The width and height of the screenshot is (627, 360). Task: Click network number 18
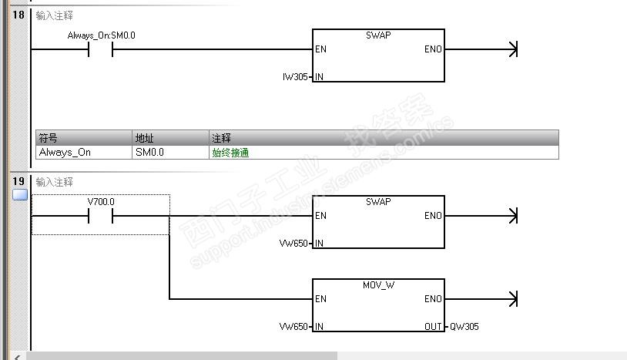pos(18,15)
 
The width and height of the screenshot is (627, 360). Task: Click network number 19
pos(18,181)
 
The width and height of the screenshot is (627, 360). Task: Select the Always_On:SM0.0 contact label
pos(102,35)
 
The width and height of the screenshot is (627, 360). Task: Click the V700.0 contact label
pos(102,201)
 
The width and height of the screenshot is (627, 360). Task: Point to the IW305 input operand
pos(296,77)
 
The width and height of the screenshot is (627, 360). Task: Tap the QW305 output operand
pos(464,327)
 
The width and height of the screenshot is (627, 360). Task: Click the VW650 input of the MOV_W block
pos(293,327)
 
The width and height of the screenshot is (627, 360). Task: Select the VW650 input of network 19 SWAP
pos(293,244)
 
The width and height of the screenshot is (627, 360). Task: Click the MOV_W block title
pos(378,285)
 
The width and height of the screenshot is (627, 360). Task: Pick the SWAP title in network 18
pos(378,35)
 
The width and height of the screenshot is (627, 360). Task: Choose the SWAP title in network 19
pos(378,202)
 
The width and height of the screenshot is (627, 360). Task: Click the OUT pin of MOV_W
pos(433,327)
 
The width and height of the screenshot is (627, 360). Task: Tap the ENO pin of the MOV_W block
pos(433,299)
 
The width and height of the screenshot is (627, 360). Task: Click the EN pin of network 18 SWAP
pos(321,49)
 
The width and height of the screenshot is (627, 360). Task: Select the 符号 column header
pos(48,138)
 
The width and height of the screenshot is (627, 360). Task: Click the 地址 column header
pos(144,138)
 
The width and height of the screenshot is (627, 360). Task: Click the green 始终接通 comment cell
pos(230,152)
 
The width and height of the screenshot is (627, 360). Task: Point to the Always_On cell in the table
pos(65,152)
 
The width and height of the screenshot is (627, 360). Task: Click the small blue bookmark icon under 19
pos(20,195)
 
